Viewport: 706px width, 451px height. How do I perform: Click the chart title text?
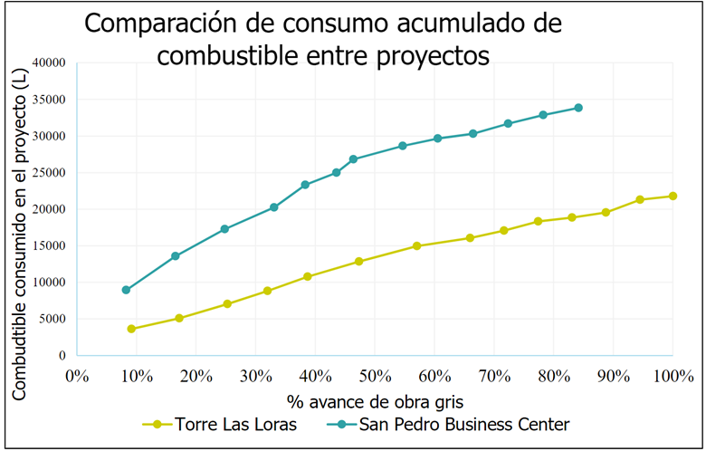pos(323,39)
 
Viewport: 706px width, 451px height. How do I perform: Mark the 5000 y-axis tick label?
pos(52,319)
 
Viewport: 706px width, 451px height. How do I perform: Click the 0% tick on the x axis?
pos(78,374)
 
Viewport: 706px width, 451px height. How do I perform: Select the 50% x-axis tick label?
pos(376,374)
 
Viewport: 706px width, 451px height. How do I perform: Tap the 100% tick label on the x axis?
pos(672,374)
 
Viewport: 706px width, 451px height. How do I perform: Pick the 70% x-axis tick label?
pos(494,374)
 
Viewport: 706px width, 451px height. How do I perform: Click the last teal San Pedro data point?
pos(578,108)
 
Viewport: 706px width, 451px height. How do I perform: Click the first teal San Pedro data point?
pos(127,290)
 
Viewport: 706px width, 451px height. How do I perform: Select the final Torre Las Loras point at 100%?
pos(673,196)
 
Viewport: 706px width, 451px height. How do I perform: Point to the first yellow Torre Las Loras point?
pos(132,329)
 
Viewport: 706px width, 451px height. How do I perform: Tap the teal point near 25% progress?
pos(224,229)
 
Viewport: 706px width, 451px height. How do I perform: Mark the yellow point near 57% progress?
pos(417,245)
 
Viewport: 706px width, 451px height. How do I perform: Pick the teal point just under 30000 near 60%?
pos(438,139)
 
